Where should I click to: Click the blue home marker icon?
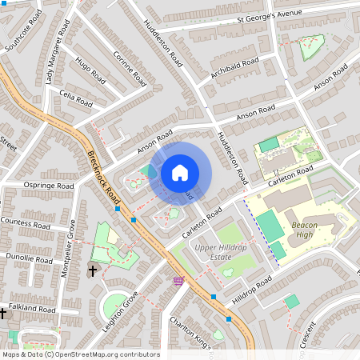click(180, 173)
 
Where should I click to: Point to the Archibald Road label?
click(235, 68)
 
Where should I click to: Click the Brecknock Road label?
click(103, 176)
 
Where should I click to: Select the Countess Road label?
click(26, 221)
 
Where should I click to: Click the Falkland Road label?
click(33, 309)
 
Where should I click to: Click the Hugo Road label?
click(90, 70)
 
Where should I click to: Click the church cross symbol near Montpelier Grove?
click(93, 270)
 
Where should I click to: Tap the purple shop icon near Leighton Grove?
click(178, 281)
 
